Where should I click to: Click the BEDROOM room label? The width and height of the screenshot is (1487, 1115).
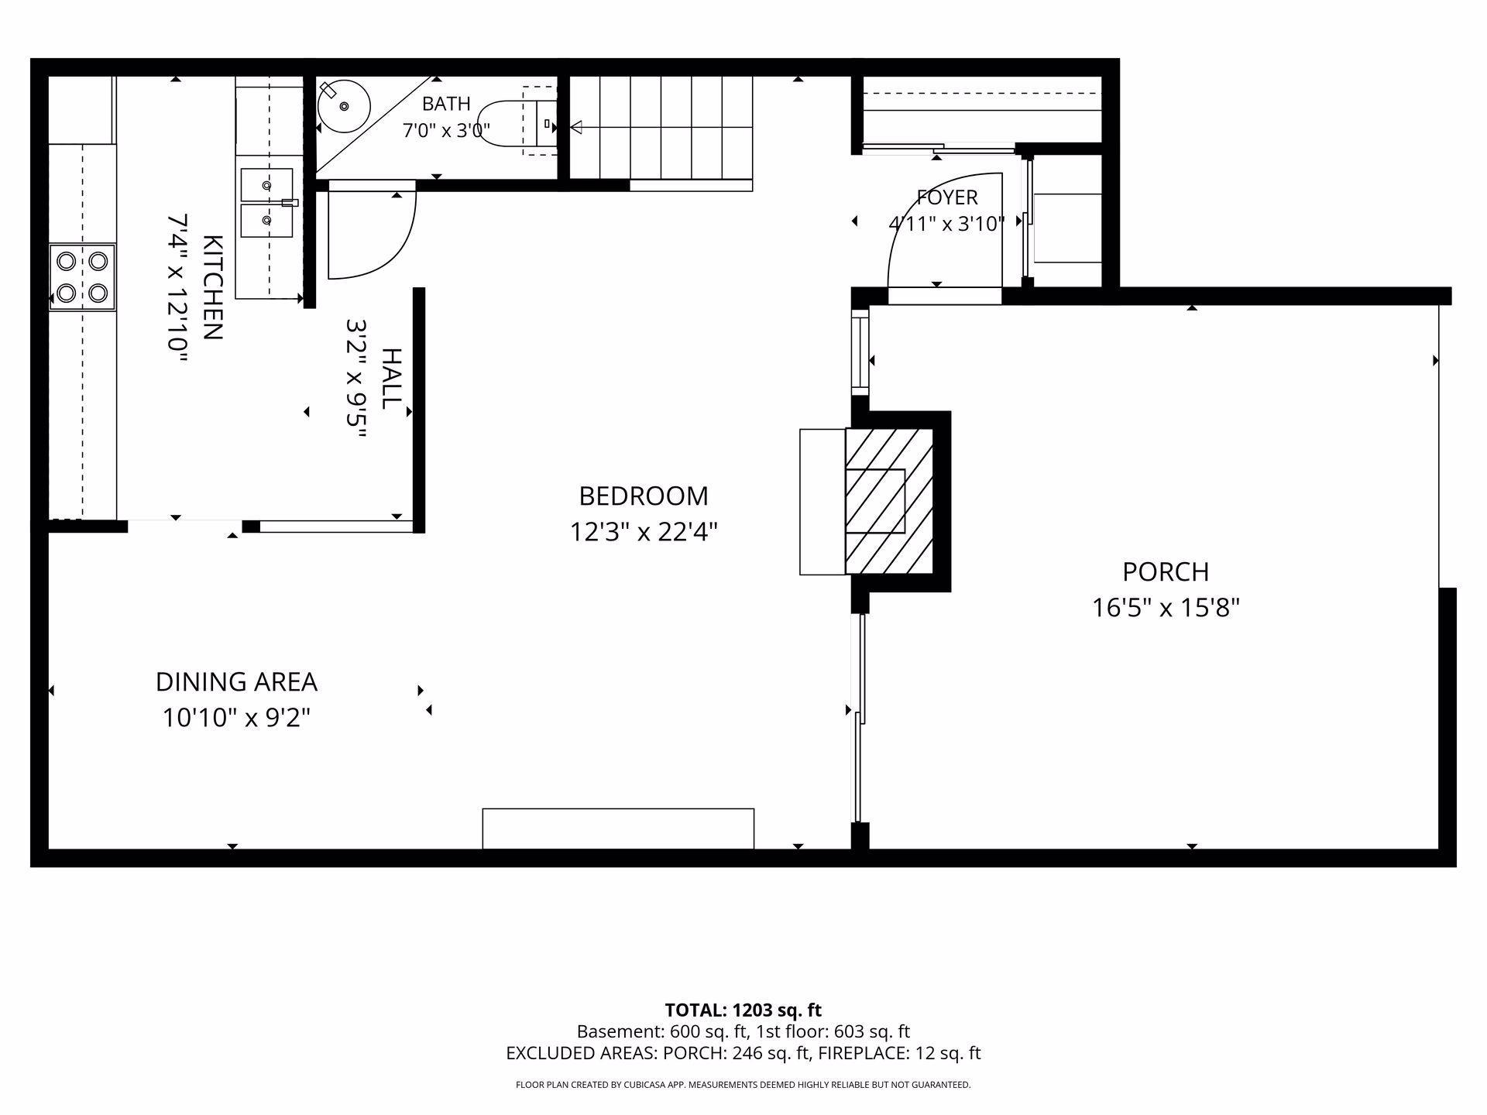(x=644, y=496)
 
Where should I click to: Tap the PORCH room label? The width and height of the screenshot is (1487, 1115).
(x=1166, y=571)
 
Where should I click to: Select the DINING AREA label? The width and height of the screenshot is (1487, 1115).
(x=236, y=681)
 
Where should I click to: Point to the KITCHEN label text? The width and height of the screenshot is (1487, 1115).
(x=213, y=287)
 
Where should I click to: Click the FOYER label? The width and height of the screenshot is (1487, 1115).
(x=946, y=197)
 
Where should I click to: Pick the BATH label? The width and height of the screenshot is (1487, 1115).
(x=446, y=103)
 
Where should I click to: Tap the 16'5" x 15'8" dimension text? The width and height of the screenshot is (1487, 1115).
(x=1166, y=608)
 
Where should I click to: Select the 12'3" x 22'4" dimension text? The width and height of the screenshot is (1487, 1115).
(x=644, y=532)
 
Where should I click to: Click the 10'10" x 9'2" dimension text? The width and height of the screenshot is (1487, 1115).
(x=236, y=718)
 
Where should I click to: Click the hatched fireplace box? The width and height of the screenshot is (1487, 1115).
(x=888, y=501)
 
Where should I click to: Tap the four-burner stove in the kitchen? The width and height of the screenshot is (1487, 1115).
(x=82, y=277)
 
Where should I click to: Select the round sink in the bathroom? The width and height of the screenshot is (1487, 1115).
(x=344, y=106)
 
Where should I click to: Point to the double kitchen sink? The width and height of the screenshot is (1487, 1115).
(x=266, y=203)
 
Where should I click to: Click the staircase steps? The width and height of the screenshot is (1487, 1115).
(x=661, y=127)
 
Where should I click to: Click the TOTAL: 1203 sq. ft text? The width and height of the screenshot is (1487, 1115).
(x=743, y=1010)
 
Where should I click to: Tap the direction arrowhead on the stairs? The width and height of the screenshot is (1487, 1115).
(x=575, y=127)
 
